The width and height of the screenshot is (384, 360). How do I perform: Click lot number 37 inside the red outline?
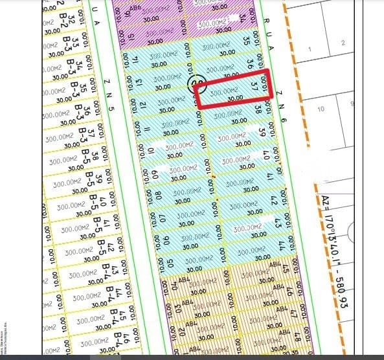(254, 84)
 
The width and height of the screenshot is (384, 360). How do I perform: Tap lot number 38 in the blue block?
(258, 110)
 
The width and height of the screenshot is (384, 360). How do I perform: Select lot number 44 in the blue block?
(282, 245)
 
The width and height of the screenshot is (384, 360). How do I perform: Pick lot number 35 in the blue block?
(246, 39)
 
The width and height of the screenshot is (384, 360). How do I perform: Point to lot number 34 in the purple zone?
(242, 17)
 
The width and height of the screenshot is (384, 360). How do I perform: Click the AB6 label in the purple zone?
(135, 10)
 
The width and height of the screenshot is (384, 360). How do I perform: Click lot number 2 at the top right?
(343, 43)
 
